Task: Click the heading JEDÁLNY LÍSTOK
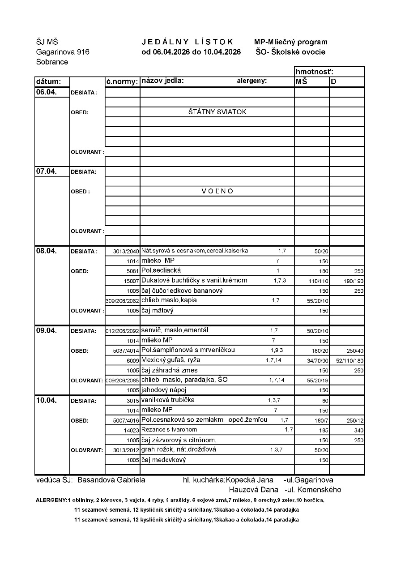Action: (x=188, y=42)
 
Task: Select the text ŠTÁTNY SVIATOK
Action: (x=217, y=112)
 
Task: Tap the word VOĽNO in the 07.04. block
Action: (x=217, y=191)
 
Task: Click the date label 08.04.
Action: (x=47, y=251)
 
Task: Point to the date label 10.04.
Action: (x=47, y=400)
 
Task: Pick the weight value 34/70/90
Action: (x=318, y=360)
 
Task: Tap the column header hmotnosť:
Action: (x=315, y=72)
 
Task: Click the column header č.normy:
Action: (x=122, y=81)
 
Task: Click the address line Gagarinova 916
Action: (x=63, y=52)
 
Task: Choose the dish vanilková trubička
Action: (x=168, y=400)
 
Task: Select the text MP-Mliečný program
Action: (x=291, y=42)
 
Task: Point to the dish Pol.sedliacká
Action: (x=161, y=270)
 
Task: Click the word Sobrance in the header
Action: (x=52, y=62)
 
